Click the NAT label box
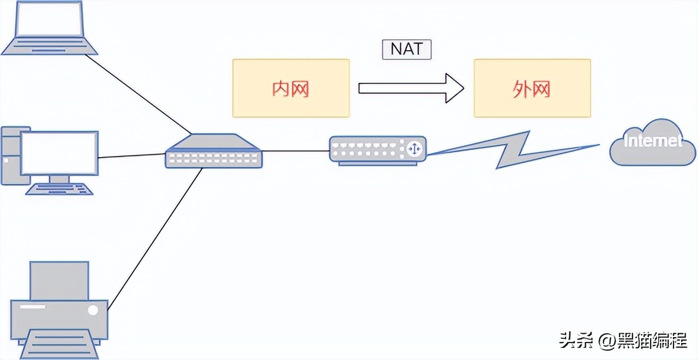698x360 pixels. [x=406, y=49]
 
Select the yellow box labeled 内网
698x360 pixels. [x=291, y=88]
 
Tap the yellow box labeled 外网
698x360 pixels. [x=532, y=88]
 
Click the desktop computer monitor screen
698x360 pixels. [x=59, y=152]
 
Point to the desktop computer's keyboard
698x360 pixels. [x=59, y=189]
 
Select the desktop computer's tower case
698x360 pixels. [x=10, y=155]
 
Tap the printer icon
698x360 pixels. [x=59, y=308]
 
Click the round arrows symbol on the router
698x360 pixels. [x=414, y=148]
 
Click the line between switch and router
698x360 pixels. [x=296, y=151]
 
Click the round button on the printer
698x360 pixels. [x=93, y=310]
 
